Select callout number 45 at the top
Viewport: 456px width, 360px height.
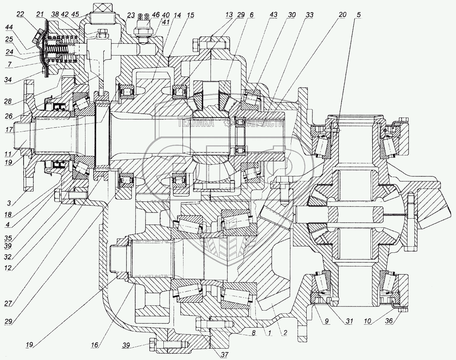[x=75, y=15]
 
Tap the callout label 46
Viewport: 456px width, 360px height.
[x=156, y=15]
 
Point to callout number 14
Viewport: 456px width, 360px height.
[x=177, y=15]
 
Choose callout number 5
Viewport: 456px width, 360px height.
[x=359, y=15]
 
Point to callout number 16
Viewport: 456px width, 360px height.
[x=94, y=345]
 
